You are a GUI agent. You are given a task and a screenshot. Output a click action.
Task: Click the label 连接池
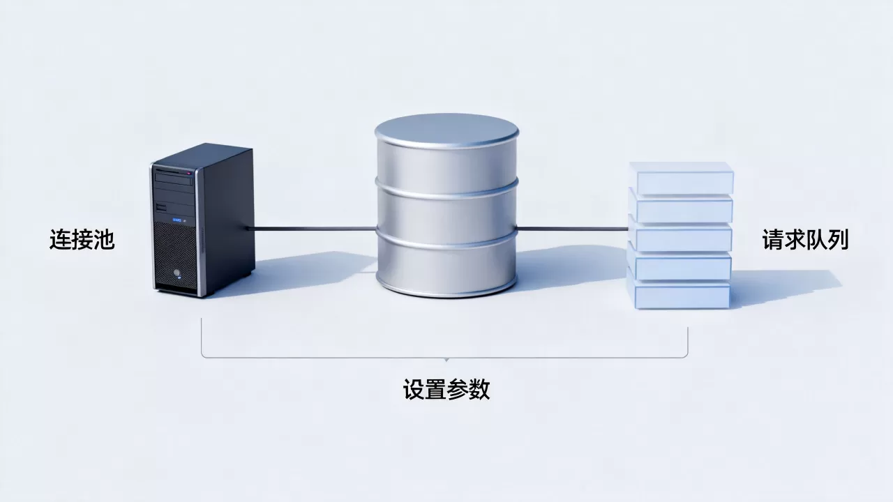tap(82, 239)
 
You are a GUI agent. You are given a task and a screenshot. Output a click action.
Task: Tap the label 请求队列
tap(805, 239)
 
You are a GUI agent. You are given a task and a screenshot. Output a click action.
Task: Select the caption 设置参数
tap(446, 389)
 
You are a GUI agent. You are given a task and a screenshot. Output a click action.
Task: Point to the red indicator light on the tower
tap(189, 174)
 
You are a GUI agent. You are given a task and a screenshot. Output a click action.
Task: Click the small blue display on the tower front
tap(177, 220)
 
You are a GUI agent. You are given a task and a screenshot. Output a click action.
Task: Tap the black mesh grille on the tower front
tap(175, 255)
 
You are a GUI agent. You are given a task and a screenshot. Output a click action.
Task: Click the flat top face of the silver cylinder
tap(446, 130)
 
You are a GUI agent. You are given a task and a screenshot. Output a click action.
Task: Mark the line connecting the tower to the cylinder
tap(312, 229)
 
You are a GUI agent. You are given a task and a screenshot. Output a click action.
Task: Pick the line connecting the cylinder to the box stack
tap(572, 229)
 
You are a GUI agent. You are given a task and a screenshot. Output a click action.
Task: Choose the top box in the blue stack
tap(682, 178)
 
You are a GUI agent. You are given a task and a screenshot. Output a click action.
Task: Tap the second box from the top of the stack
tap(681, 206)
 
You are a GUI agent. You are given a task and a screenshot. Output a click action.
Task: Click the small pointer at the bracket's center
tap(446, 360)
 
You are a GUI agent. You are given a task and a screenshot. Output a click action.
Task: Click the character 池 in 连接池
tap(104, 239)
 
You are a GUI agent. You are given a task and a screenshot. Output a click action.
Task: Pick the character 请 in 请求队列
tap(772, 239)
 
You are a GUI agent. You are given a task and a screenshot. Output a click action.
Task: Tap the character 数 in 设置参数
tap(479, 389)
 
